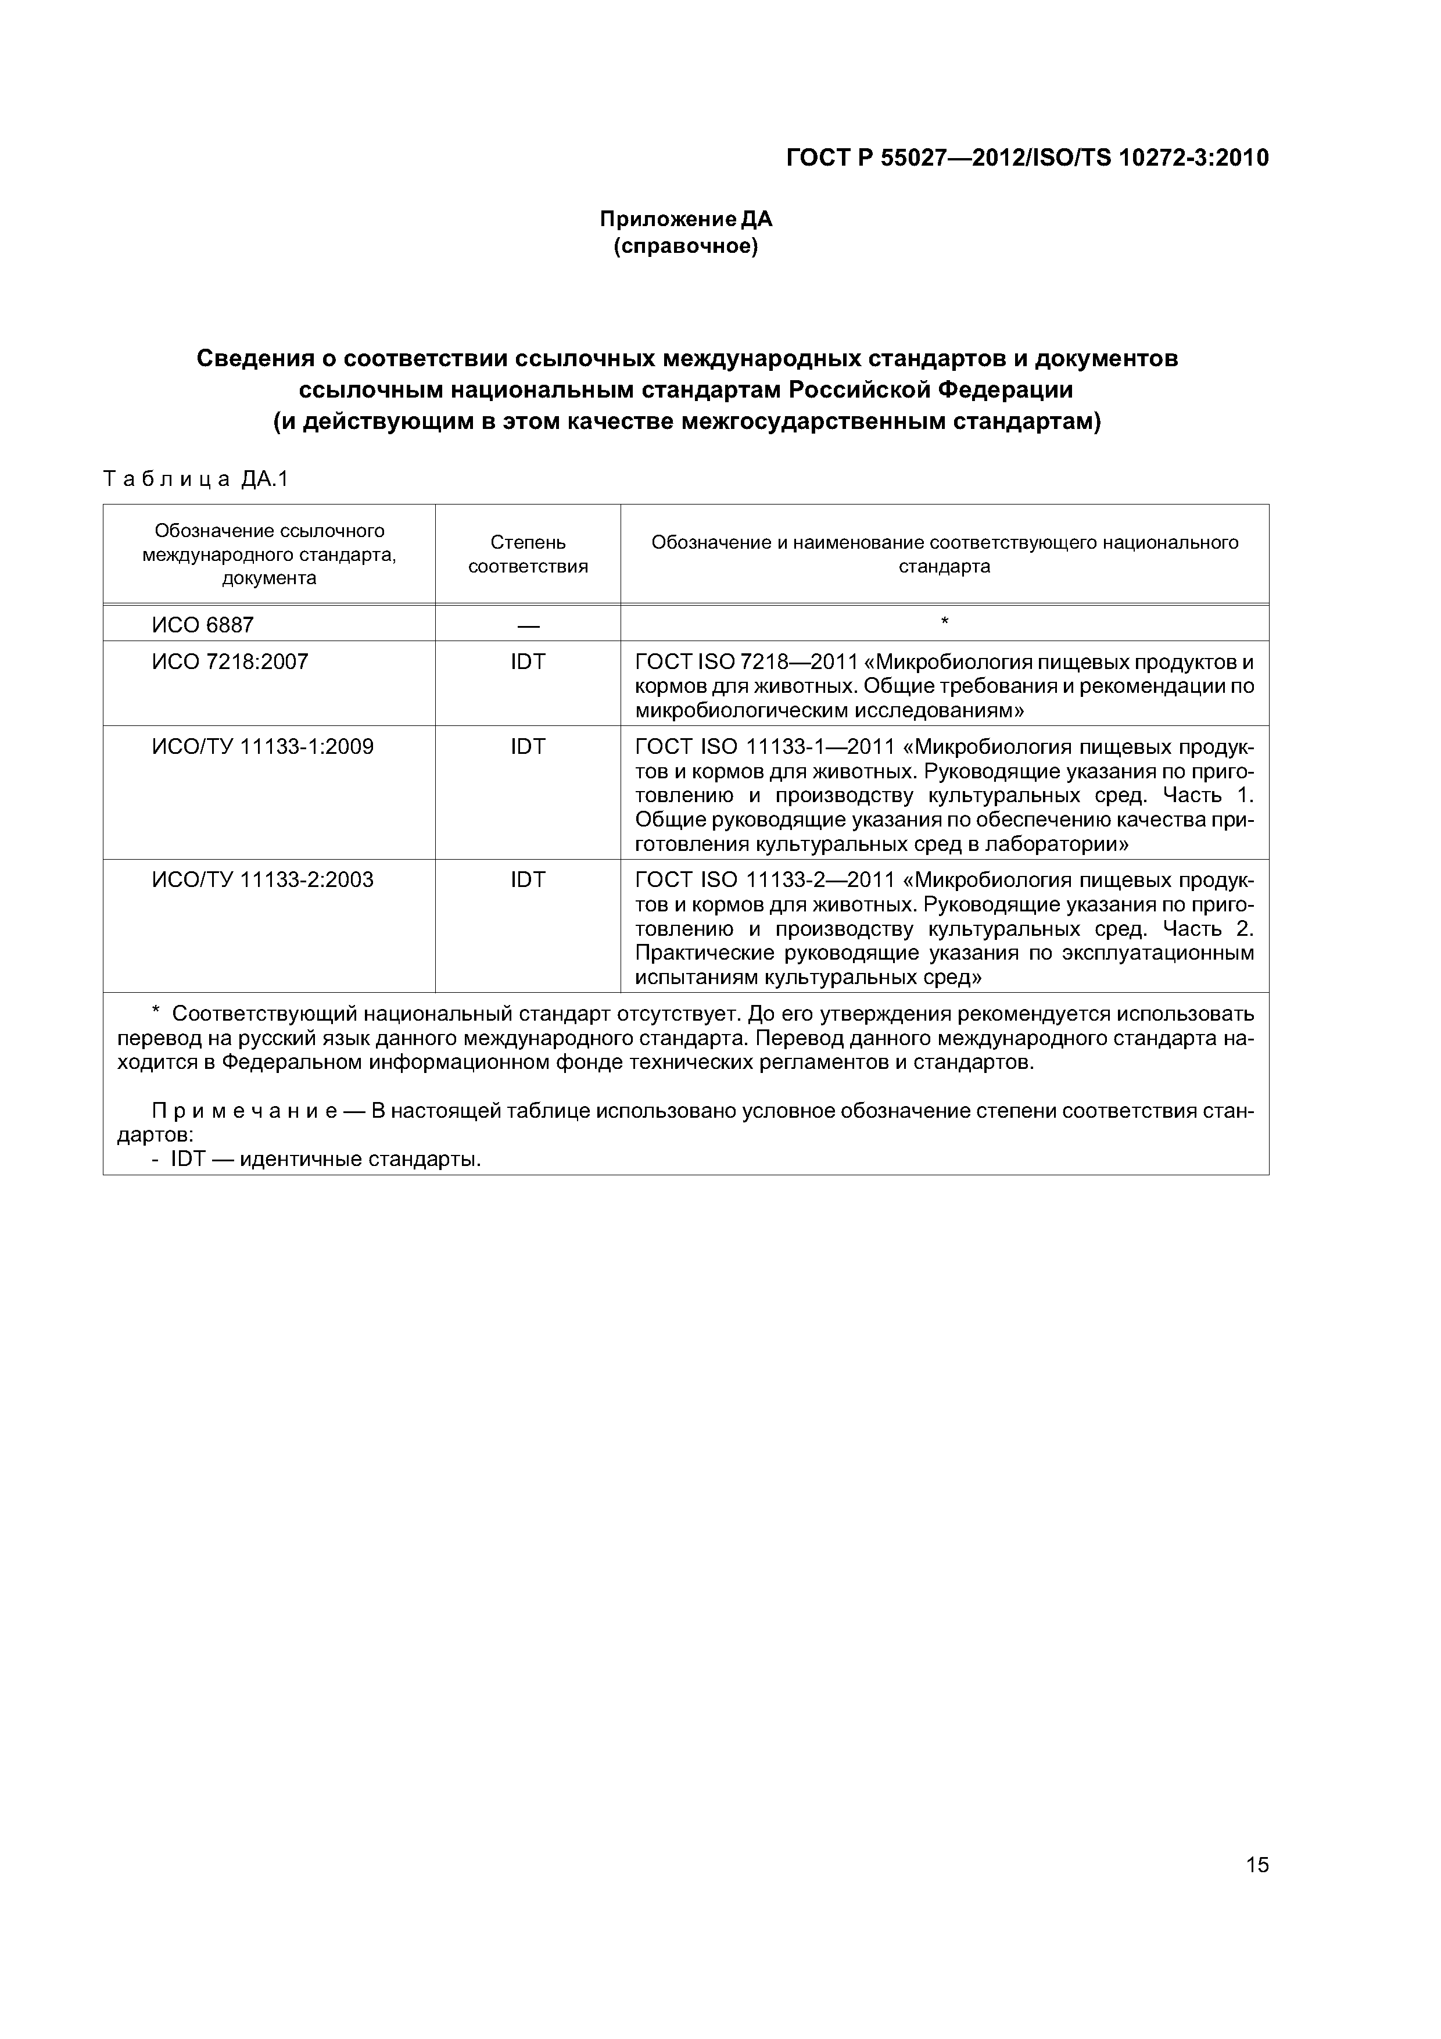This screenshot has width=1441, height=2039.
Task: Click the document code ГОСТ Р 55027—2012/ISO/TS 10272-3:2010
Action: click(1027, 158)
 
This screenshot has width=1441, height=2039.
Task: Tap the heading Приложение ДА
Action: click(686, 219)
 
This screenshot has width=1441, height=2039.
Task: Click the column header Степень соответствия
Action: click(528, 554)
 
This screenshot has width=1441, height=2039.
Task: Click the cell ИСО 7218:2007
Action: click(230, 661)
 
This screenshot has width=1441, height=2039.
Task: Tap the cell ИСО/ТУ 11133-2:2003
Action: click(263, 880)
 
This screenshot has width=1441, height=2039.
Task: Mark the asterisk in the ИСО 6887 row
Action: click(944, 622)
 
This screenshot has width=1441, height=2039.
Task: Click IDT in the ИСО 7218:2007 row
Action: click(528, 661)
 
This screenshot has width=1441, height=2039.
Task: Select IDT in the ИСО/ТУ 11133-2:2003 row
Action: click(528, 880)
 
